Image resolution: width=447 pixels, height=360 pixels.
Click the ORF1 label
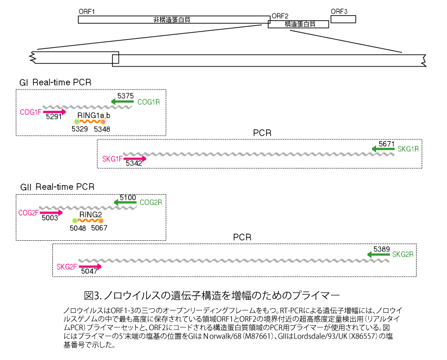pos(87,11)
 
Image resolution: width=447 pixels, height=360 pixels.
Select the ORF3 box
pos(343,19)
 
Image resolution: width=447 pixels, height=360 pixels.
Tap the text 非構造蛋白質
pos(171,19)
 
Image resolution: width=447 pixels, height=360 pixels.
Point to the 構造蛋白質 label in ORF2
pos(300,25)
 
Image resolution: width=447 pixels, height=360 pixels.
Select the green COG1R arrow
pos(122,102)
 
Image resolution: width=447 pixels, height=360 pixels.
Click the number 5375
pos(125,96)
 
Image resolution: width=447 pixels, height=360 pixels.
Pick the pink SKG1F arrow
pos(135,159)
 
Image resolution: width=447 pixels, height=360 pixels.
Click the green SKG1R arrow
pos(383,149)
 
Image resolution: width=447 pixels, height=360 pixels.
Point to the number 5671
pos(386,143)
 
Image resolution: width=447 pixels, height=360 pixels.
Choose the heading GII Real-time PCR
pos(57,187)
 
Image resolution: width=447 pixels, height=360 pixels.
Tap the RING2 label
pos(90,214)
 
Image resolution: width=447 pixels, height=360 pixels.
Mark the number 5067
pos(99,228)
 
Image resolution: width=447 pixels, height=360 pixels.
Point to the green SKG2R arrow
pos(378,254)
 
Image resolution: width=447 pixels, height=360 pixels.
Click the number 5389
pos(382,248)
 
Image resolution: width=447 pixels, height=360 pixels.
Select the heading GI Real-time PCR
pos(55,83)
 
